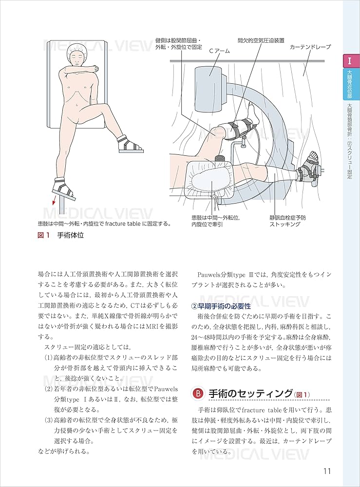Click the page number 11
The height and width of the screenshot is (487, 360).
tap(326, 471)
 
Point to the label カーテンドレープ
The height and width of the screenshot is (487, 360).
tap(310, 47)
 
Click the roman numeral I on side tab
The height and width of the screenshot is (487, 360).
tap(350, 61)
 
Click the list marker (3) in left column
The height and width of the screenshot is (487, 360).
tap(49, 419)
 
